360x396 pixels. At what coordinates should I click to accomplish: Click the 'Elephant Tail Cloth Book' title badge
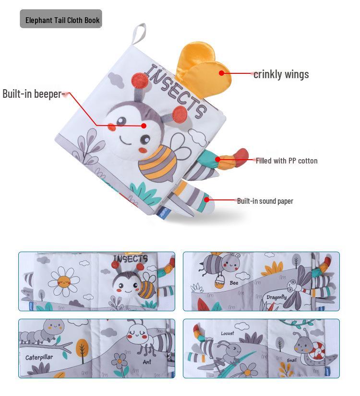coord(61,19)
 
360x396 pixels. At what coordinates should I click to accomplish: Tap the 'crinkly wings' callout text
coord(281,74)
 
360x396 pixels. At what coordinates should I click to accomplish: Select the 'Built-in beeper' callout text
coord(32,93)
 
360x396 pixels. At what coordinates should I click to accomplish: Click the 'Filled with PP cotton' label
coord(286,161)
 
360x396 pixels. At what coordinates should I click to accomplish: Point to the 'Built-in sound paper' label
coord(265,201)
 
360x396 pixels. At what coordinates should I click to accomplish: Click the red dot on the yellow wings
coord(222,73)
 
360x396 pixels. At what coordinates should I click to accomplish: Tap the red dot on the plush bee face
coord(144,126)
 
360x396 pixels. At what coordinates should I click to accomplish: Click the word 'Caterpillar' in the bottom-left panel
coord(39,357)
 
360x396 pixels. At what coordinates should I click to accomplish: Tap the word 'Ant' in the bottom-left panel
coord(147,362)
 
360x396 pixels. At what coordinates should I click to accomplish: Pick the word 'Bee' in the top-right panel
coord(234,283)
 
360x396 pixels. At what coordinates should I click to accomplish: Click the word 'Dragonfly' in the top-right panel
coord(276,297)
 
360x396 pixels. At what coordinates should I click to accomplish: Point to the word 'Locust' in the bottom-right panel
coord(228,333)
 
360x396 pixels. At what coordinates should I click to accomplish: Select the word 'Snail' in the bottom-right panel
coord(291,361)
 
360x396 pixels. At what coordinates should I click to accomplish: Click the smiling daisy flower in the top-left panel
coord(63,281)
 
